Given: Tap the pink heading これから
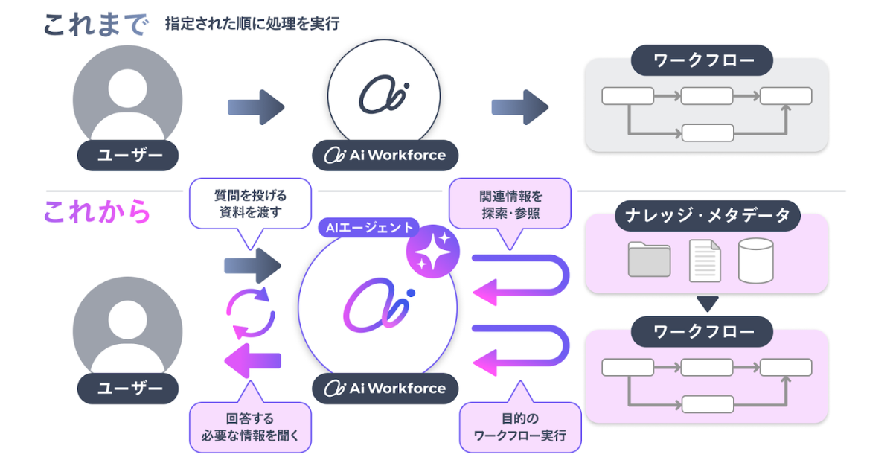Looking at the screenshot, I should coord(97,212).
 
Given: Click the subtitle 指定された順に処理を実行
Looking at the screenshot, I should coord(252,24).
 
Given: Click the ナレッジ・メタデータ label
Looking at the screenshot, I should coord(707,217).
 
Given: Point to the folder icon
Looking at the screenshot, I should coord(649,260).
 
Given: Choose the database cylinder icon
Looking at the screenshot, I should coord(755,261).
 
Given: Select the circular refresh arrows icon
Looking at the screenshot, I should coord(251,313).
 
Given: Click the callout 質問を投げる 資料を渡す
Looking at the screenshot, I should coord(251,203).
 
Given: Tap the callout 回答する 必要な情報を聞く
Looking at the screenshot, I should coord(250,427).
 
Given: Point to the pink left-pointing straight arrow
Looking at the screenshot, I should coord(252,361).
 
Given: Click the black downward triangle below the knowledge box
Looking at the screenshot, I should coord(708,304).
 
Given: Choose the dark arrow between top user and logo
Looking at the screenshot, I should coord(256,107).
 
